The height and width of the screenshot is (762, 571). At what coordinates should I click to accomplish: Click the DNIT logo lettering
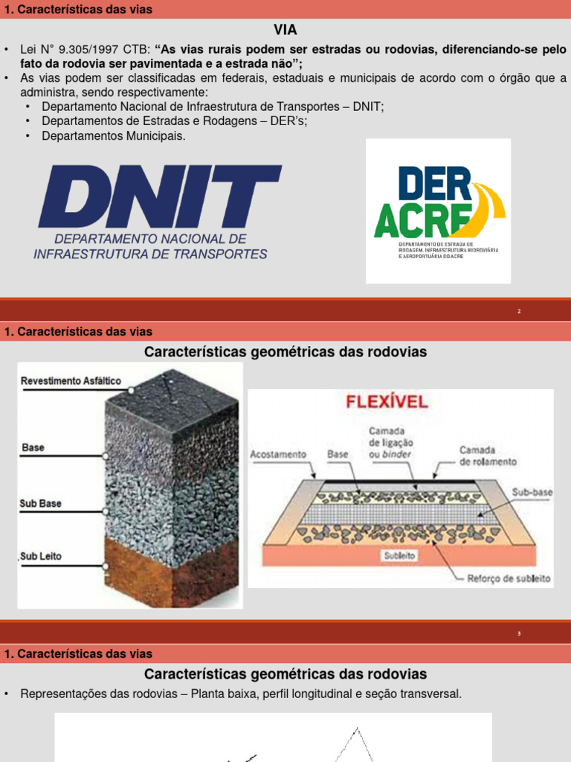(x=160, y=197)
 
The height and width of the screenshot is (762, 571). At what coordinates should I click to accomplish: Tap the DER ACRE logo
(x=438, y=211)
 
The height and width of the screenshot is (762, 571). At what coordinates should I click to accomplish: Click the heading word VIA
(x=285, y=29)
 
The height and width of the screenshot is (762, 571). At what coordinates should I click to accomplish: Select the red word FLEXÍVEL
(x=387, y=403)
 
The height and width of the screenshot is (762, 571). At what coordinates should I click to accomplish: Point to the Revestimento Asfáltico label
(x=71, y=381)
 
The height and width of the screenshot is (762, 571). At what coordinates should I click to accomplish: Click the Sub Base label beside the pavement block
(x=41, y=504)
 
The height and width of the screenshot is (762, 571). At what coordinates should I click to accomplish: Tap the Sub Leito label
(x=41, y=556)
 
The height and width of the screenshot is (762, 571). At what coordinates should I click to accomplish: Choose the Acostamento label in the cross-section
(x=279, y=453)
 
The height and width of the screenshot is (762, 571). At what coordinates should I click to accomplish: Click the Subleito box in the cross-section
(x=400, y=555)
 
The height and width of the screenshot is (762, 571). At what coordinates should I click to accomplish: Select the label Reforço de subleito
(x=509, y=578)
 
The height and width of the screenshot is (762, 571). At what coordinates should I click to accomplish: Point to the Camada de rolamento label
(x=488, y=456)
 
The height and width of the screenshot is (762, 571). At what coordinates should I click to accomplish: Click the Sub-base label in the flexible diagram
(x=532, y=493)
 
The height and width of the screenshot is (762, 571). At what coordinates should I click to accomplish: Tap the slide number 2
(x=520, y=311)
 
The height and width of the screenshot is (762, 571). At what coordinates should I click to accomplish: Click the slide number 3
(x=520, y=633)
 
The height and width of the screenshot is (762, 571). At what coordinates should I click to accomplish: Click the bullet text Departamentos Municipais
(x=114, y=136)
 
